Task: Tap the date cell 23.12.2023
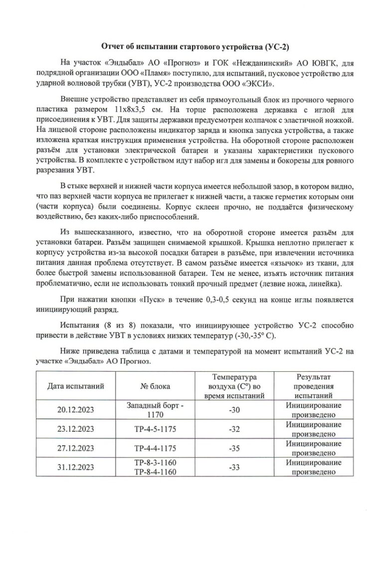76,429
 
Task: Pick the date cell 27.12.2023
76,448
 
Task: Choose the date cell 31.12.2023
76,467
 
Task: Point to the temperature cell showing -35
234,448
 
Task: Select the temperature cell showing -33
234,467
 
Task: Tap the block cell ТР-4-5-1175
155,429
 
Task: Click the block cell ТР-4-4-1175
155,448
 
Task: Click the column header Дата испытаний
76,386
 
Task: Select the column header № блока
155,386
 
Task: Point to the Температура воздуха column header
234,386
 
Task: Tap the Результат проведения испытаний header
314,386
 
